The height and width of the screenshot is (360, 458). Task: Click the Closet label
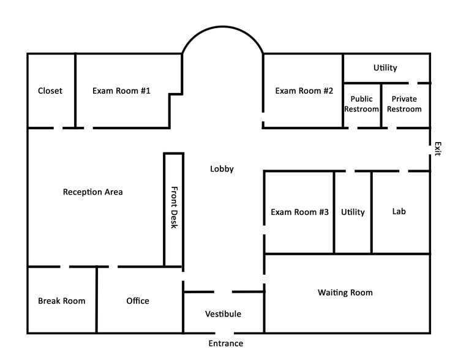point(50,91)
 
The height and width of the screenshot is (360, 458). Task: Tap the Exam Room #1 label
point(121,91)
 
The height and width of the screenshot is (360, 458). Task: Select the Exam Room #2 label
point(304,91)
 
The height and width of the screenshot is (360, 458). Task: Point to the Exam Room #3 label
point(299,212)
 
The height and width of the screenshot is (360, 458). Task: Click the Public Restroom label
point(361,103)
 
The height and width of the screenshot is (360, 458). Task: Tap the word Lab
point(399,211)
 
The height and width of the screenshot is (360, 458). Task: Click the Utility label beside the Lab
point(353,212)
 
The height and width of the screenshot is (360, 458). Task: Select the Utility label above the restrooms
point(385,68)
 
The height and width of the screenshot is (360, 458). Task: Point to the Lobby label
point(222,169)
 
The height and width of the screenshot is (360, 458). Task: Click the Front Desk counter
point(173,208)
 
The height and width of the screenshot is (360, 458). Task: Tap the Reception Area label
point(93,192)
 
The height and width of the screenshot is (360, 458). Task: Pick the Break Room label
point(61,301)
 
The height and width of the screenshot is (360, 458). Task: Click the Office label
point(138,301)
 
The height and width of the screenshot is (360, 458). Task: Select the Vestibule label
point(223,314)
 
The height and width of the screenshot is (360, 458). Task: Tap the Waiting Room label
point(345,293)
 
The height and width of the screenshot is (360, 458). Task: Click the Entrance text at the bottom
point(225,343)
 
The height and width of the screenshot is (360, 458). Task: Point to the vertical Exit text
point(437,149)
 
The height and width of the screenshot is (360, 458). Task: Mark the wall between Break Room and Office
point(97,300)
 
